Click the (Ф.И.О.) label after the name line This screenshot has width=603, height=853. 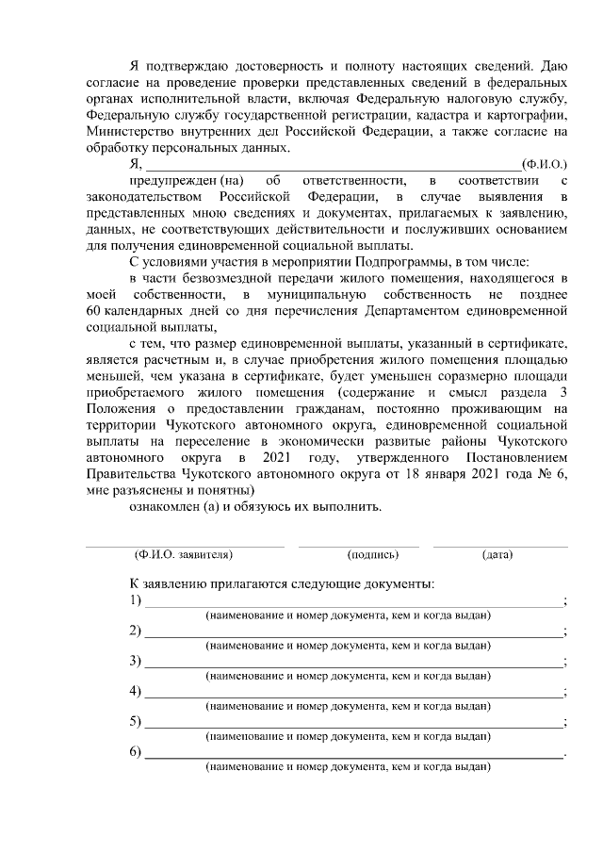pyautogui.click(x=544, y=164)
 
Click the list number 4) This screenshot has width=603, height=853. pyautogui.click(x=135, y=691)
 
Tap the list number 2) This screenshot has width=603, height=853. pyautogui.click(x=135, y=631)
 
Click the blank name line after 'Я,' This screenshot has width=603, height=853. pyautogui.click(x=330, y=167)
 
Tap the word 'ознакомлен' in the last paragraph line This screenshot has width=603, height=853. pyautogui.click(x=164, y=507)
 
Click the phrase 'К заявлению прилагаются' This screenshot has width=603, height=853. pyautogui.click(x=212, y=583)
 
